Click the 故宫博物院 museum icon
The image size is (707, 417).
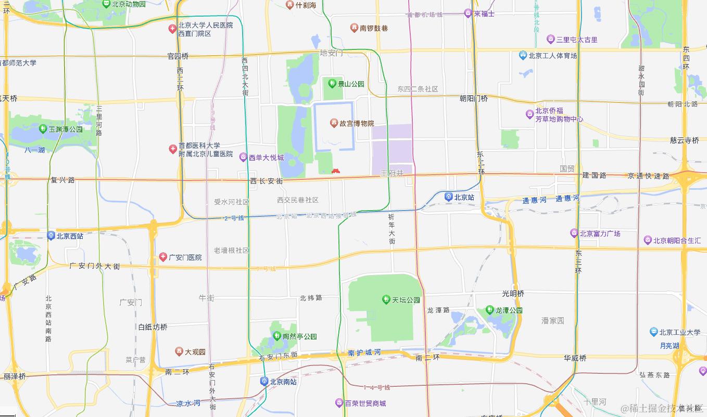click(x=333, y=123)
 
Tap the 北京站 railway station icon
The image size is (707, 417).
click(x=448, y=197)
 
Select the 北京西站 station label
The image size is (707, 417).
click(x=70, y=236)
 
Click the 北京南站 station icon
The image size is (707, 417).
click(x=264, y=381)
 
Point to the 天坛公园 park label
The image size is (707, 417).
click(x=406, y=300)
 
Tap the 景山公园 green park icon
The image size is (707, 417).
click(x=332, y=83)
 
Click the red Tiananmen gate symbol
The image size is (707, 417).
click(x=336, y=170)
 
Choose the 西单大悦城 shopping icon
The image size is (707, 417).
click(x=243, y=157)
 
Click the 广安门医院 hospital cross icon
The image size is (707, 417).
click(x=163, y=257)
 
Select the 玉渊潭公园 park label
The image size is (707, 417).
click(x=66, y=129)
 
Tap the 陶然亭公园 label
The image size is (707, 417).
click(x=299, y=336)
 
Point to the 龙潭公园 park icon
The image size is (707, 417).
click(x=489, y=310)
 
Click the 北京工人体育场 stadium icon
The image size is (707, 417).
click(x=523, y=56)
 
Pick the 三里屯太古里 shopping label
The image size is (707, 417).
click(x=577, y=40)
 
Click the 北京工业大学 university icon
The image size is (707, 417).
click(x=654, y=332)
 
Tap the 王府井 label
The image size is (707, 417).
click(x=392, y=173)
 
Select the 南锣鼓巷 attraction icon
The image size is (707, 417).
click(x=354, y=28)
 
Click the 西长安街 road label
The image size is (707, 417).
click(x=266, y=181)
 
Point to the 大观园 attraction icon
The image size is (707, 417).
click(x=179, y=352)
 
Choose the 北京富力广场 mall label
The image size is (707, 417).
click(x=600, y=233)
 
